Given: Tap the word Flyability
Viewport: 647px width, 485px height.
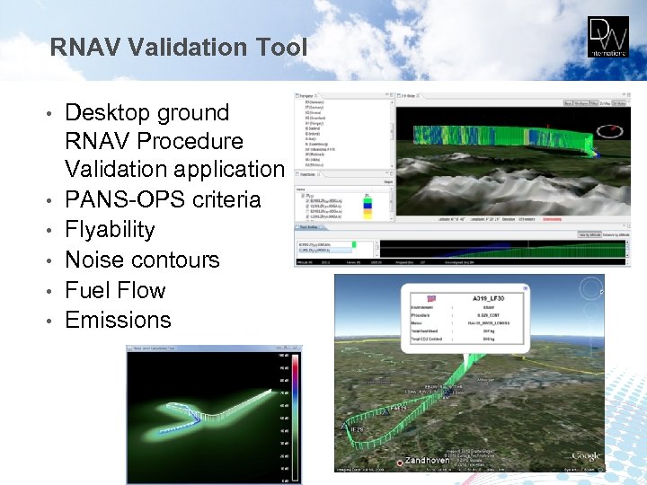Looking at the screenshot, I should click(x=110, y=229).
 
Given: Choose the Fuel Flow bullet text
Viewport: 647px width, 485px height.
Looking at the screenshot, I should click(x=115, y=290).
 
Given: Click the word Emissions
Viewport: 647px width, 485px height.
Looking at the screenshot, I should click(x=118, y=320).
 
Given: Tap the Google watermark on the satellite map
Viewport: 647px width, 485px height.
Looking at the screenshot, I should click(x=585, y=456).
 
